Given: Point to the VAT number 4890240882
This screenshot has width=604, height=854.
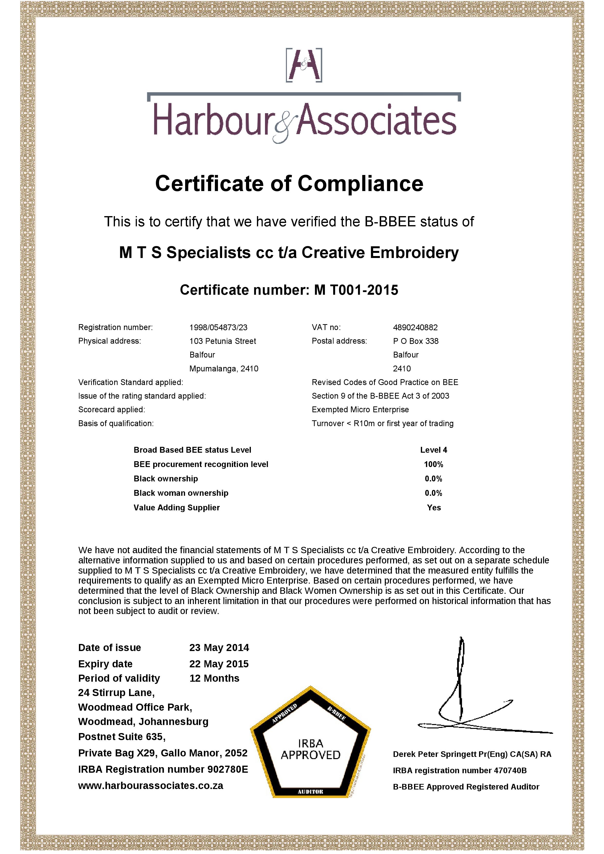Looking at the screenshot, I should point(415,327).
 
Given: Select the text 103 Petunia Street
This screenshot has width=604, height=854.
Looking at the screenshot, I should point(223,341).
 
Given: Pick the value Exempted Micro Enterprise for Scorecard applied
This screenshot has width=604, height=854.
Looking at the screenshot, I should point(360,410).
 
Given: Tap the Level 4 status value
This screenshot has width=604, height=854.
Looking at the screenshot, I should point(433,450).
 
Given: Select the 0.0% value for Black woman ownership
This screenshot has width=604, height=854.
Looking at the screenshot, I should point(433,493).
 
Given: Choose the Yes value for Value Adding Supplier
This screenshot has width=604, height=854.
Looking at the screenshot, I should point(434,508).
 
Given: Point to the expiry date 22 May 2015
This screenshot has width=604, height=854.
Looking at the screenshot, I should point(219,664).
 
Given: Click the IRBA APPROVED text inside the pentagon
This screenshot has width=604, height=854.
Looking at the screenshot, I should point(310,750).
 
